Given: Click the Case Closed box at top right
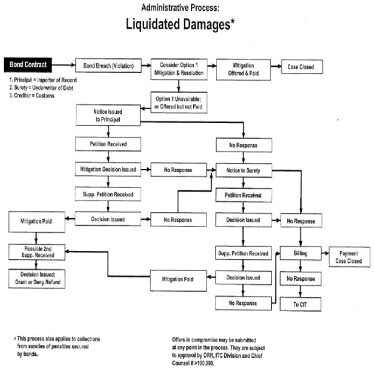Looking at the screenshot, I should click(301, 67).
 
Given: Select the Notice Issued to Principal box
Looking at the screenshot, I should click(108, 115).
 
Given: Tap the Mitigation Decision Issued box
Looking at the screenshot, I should click(108, 170).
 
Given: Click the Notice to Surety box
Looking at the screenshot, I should click(242, 171).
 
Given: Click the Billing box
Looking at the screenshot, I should click(301, 253).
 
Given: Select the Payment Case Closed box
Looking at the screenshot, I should click(348, 257).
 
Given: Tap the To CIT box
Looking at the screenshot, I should click(301, 305).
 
